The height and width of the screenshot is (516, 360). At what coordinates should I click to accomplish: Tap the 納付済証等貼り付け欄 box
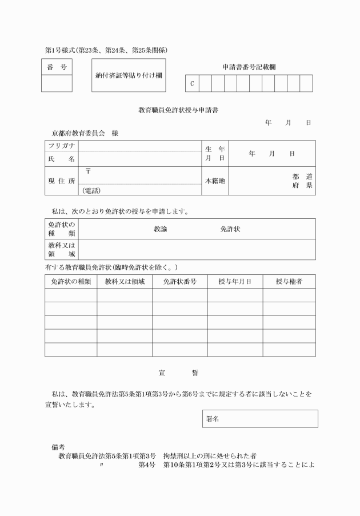click(x=129, y=75)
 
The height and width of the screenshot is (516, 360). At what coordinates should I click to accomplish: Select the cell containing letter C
click(x=192, y=83)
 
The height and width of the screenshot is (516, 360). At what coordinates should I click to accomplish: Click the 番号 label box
click(x=57, y=67)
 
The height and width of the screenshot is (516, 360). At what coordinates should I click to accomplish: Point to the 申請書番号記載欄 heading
click(x=249, y=67)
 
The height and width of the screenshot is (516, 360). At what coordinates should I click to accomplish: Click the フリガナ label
click(x=61, y=146)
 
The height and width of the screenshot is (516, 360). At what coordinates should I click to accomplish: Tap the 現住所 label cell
click(x=61, y=181)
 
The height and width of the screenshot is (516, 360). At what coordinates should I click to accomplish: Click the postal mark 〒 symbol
click(x=88, y=171)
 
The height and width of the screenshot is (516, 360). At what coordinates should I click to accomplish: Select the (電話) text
click(x=92, y=190)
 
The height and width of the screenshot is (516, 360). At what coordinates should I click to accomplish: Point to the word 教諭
click(x=160, y=229)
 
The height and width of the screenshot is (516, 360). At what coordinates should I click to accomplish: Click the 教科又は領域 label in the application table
click(x=61, y=249)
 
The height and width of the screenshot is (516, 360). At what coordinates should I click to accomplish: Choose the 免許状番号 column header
click(x=179, y=281)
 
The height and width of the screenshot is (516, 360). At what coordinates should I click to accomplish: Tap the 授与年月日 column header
click(x=235, y=281)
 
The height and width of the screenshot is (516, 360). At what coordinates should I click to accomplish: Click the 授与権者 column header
click(x=289, y=281)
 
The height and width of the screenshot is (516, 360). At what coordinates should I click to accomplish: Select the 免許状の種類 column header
click(x=71, y=281)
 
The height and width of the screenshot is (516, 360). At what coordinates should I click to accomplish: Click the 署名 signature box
click(x=260, y=418)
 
